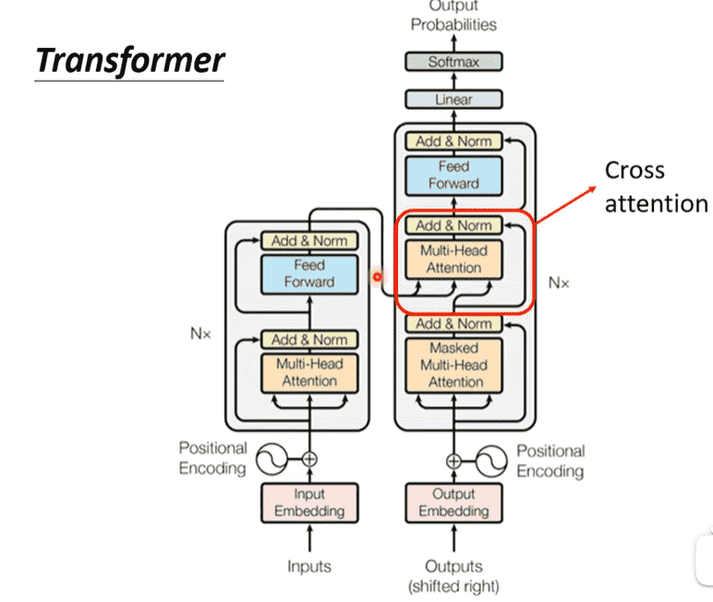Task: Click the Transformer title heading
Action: pyautogui.click(x=129, y=60)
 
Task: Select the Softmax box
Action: pyautogui.click(x=453, y=63)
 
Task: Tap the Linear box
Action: pyautogui.click(x=453, y=99)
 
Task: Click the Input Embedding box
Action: pyautogui.click(x=309, y=502)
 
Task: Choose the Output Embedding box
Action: pyautogui.click(x=453, y=502)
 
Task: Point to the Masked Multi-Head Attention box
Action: pyautogui.click(x=453, y=365)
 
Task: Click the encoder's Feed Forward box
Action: pyautogui.click(x=309, y=273)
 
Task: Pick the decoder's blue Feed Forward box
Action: pyautogui.click(x=453, y=175)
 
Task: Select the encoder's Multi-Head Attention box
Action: pyautogui.click(x=309, y=372)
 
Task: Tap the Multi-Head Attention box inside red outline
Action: pyautogui.click(x=453, y=259)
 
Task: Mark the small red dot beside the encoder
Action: pyautogui.click(x=376, y=276)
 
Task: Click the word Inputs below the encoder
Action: pyautogui.click(x=309, y=566)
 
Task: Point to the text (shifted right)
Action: pyautogui.click(x=453, y=585)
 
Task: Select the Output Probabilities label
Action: pyautogui.click(x=453, y=17)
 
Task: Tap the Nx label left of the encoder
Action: pyautogui.click(x=200, y=334)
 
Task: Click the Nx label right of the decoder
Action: pyautogui.click(x=559, y=283)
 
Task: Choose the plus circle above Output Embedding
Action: pyautogui.click(x=453, y=460)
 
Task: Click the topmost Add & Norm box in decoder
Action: pyautogui.click(x=453, y=141)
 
